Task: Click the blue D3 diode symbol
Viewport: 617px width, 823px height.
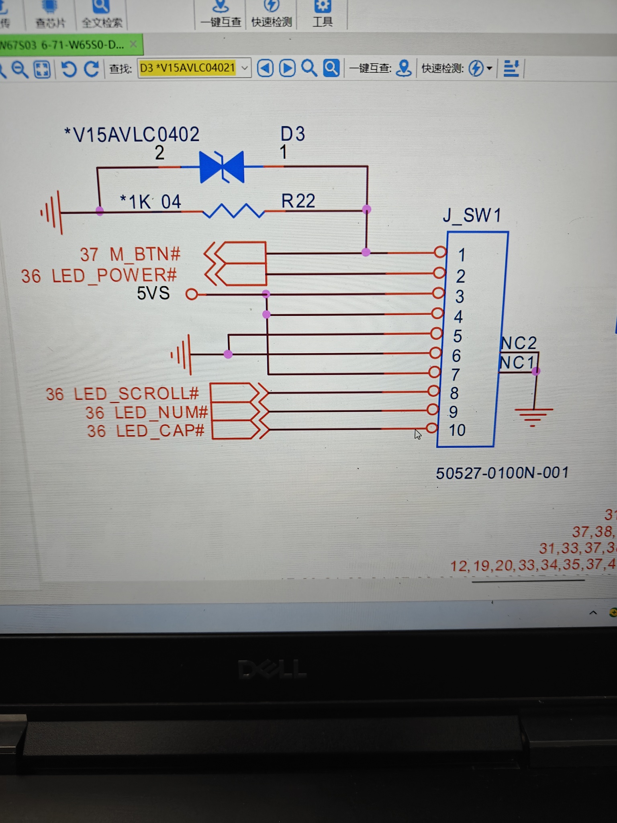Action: (x=222, y=167)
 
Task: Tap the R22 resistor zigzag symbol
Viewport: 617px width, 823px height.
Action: (x=233, y=211)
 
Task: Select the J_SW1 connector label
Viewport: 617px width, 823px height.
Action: (x=472, y=215)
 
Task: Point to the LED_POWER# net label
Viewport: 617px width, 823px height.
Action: (x=114, y=276)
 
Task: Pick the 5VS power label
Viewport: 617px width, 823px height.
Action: (x=153, y=293)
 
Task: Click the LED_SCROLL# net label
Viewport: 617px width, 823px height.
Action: (x=136, y=394)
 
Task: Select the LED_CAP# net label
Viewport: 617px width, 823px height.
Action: (x=160, y=431)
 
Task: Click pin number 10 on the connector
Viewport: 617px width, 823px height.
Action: (x=457, y=430)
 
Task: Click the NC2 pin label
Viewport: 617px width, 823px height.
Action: (x=519, y=343)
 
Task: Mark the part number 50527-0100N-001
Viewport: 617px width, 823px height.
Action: (x=502, y=473)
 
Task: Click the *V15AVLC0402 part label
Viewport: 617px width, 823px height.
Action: (x=132, y=135)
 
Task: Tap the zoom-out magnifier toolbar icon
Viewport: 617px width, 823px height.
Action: (x=19, y=69)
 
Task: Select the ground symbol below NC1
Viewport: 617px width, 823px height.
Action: (x=533, y=414)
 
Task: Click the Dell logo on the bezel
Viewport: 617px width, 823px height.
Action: (x=272, y=669)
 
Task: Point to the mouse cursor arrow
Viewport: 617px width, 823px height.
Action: (x=418, y=434)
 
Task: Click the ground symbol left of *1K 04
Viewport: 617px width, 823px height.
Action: (x=53, y=212)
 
